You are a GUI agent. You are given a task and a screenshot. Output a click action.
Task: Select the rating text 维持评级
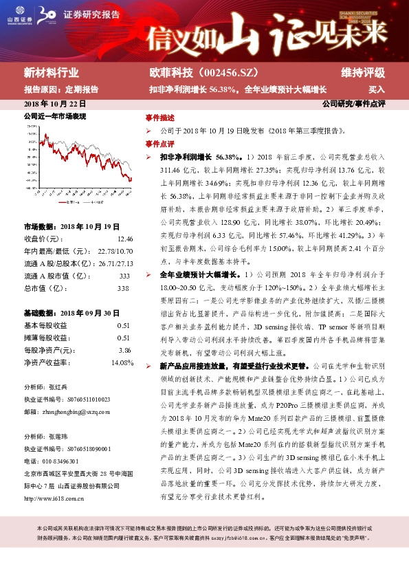point(362,72)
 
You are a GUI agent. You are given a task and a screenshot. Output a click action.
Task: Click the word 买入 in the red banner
point(376,89)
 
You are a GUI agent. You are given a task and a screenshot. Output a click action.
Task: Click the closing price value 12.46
point(124,239)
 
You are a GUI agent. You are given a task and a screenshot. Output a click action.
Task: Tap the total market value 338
point(124,287)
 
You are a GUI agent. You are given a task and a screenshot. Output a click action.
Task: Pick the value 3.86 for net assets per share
point(124,349)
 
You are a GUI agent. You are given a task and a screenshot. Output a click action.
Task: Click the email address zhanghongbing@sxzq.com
point(72,411)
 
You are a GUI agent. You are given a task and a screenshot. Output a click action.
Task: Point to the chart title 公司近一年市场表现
point(55,118)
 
